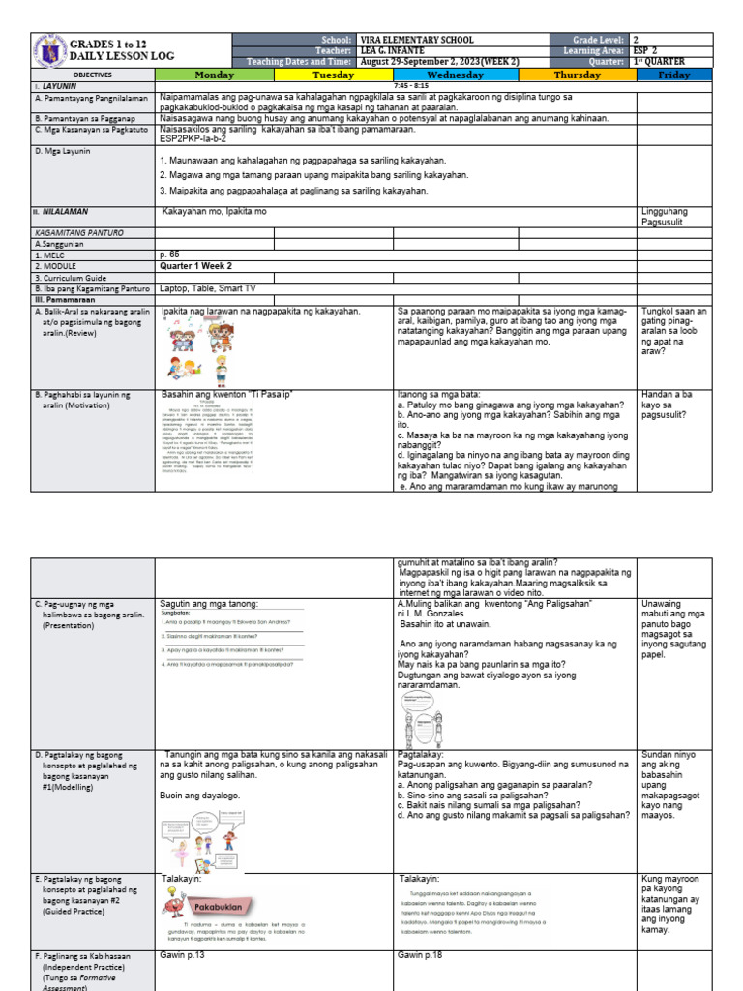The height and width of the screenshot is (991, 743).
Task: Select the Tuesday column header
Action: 333,75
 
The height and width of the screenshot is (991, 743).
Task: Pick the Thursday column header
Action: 578,75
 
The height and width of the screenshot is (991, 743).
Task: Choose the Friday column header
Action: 674,75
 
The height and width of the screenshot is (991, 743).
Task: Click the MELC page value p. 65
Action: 171,254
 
